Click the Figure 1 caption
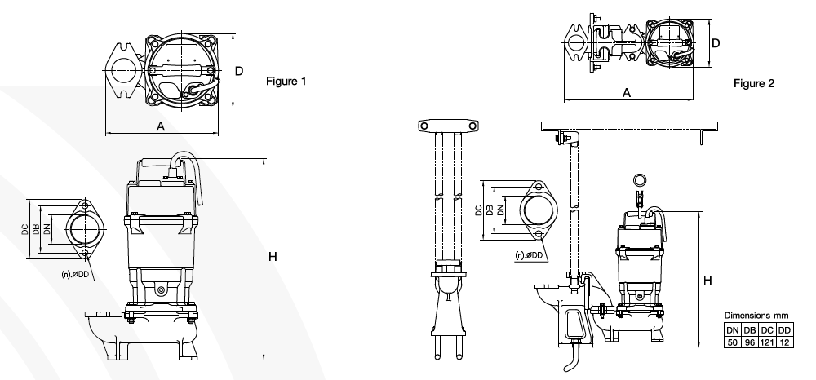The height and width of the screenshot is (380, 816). point(286,81)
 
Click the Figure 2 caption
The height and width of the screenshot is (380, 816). point(754,83)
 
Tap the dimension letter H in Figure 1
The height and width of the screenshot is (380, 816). point(273,256)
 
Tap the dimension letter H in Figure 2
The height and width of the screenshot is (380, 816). point(707,281)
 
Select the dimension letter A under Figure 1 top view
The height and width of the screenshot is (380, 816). point(161,126)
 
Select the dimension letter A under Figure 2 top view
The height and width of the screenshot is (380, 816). point(627,92)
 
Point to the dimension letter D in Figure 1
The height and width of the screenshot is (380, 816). point(239,71)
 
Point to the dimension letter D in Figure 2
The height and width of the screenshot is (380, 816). point(716,43)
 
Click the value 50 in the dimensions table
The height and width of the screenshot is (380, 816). point(733,342)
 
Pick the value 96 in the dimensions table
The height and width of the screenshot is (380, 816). point(749,342)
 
